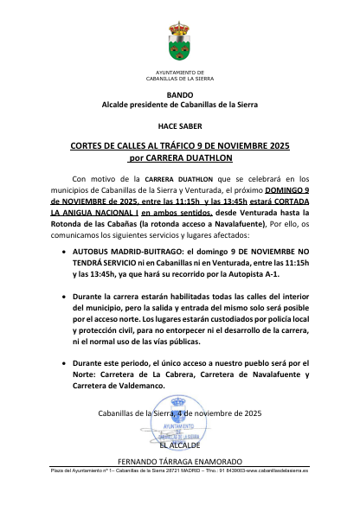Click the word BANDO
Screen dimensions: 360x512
[x=180, y=93]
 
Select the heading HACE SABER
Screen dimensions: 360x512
[x=180, y=125]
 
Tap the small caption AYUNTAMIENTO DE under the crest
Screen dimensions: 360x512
[x=180, y=71]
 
